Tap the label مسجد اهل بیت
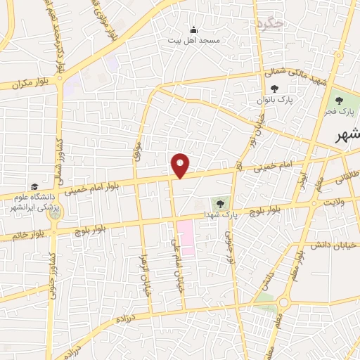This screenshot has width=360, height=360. click(x=193, y=40)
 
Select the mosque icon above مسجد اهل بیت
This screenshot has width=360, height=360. click(x=193, y=30)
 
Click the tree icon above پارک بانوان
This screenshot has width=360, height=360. click(x=274, y=89)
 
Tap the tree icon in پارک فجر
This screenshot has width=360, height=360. click(x=344, y=100)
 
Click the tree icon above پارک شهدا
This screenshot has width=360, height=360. click(x=220, y=202)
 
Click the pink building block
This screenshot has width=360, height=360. click(x=186, y=236)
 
